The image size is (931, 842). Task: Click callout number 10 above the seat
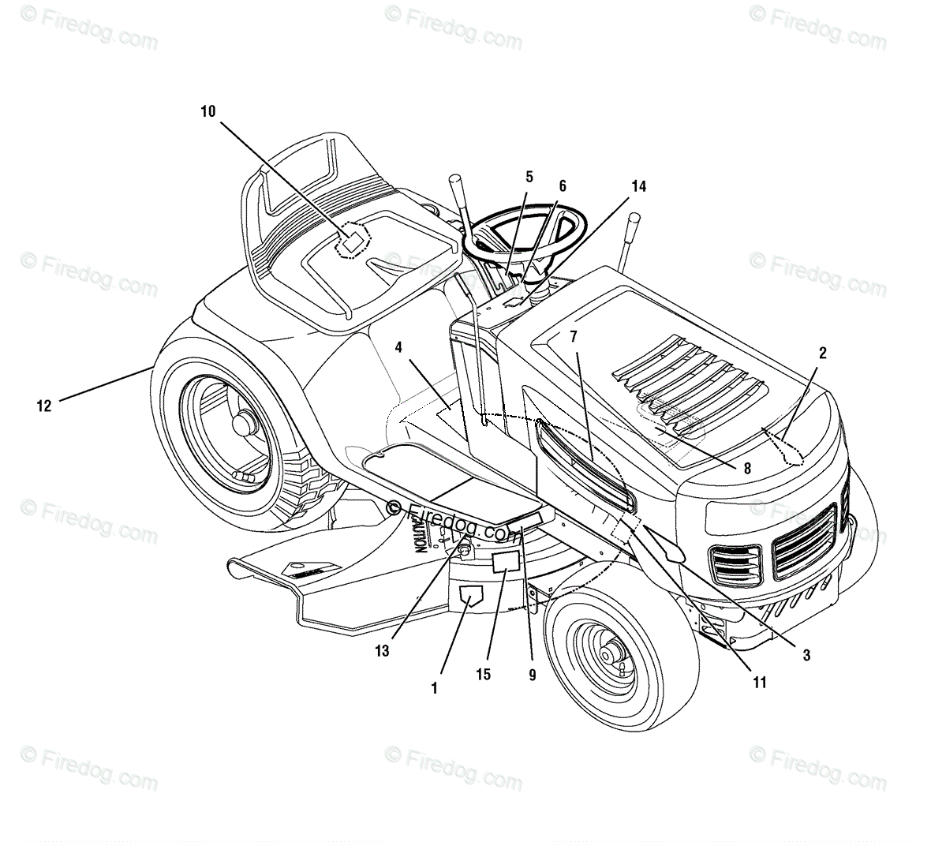[x=208, y=111]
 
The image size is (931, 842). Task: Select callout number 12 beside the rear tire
[x=44, y=406]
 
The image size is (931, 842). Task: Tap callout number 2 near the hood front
[x=822, y=353]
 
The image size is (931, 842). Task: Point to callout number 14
[x=638, y=186]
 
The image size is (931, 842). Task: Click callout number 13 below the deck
[x=383, y=652]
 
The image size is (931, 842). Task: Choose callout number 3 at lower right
[x=806, y=654]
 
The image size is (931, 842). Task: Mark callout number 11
[x=759, y=683]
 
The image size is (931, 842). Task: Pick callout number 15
[x=483, y=675]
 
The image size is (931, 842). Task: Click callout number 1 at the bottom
[x=434, y=688]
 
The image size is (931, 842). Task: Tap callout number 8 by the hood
[x=747, y=468]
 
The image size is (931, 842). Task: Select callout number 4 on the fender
[x=399, y=346]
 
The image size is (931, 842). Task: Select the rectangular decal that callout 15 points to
[x=506, y=562]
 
